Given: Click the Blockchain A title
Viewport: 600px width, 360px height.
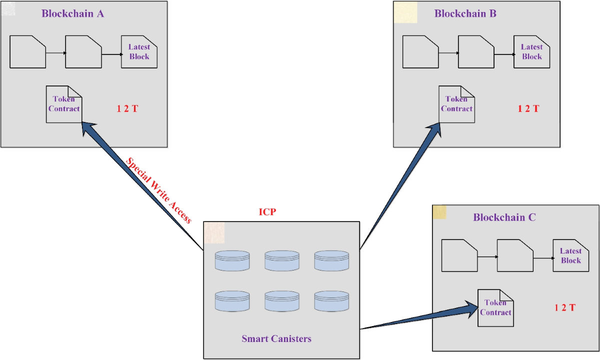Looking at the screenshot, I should (72, 13).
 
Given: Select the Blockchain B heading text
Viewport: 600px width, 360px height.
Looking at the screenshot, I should (465, 13).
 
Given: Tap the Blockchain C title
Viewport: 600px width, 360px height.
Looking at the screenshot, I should (504, 217).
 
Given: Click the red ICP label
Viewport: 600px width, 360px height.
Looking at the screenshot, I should (267, 211).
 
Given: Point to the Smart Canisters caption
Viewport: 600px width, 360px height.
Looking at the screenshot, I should (276, 338).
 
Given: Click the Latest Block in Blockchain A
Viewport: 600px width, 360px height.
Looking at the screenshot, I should (139, 52).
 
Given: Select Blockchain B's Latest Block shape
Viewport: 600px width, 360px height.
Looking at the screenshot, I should (531, 52).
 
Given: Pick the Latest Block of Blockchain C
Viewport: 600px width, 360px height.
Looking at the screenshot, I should (570, 256).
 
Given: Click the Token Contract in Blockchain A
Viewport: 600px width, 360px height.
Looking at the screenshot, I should (64, 104).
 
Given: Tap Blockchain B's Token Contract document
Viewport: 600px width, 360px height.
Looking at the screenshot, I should (456, 104).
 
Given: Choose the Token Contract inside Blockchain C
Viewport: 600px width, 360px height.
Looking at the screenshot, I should (495, 307).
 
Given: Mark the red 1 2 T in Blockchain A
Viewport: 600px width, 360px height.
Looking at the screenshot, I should (127, 108).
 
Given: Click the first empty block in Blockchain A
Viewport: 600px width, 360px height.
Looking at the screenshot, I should (27, 52).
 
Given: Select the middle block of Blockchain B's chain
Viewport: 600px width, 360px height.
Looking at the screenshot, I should (475, 52).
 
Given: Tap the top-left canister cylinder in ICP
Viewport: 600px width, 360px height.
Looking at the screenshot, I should (232, 261).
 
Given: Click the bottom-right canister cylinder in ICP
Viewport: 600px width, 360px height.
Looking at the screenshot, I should (331, 301).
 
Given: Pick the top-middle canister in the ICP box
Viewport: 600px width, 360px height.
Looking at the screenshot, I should (282, 261).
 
